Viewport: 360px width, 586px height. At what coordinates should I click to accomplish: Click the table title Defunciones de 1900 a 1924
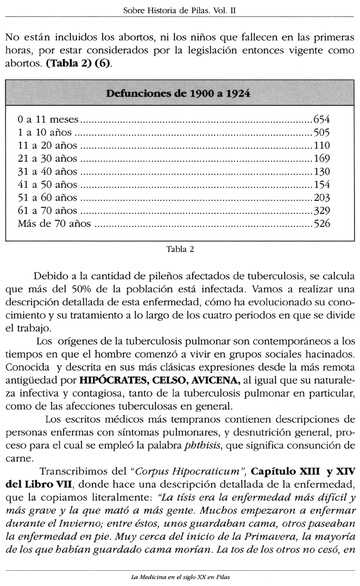coord(179,93)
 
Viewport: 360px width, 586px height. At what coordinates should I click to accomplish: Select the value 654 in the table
coord(321,119)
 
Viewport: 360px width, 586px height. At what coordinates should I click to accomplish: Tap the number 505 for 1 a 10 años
coord(321,133)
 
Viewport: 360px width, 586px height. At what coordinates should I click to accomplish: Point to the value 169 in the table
coord(321,159)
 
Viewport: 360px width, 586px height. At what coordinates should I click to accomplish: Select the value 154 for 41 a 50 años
coord(321,185)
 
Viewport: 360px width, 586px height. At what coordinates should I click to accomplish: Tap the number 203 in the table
coord(321,198)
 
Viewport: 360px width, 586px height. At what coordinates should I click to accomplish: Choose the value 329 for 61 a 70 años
coord(321,211)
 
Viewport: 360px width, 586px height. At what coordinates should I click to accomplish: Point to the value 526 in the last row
coord(321,224)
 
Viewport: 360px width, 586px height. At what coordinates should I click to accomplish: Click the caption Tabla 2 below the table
coord(180,250)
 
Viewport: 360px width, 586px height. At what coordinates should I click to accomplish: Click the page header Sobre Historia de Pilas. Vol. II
coord(179,10)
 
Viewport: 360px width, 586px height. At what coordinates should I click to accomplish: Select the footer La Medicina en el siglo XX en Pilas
coord(180,577)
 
